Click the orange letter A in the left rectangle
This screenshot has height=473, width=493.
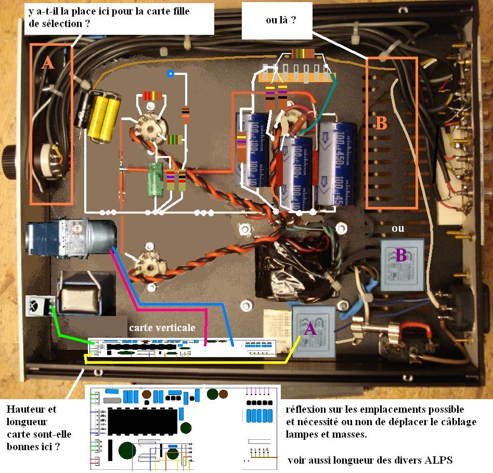(47, 63)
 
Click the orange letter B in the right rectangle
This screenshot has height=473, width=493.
(381, 124)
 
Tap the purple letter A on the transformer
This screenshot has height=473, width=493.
(309, 329)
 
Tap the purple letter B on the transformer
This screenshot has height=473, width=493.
(400, 255)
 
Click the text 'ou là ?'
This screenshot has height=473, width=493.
(281, 20)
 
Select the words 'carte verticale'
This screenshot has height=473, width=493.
(162, 327)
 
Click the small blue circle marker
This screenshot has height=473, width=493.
(170, 73)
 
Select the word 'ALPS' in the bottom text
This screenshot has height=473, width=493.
(439, 460)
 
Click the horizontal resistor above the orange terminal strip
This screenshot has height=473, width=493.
(302, 53)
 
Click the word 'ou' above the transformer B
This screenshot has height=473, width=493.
(398, 228)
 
